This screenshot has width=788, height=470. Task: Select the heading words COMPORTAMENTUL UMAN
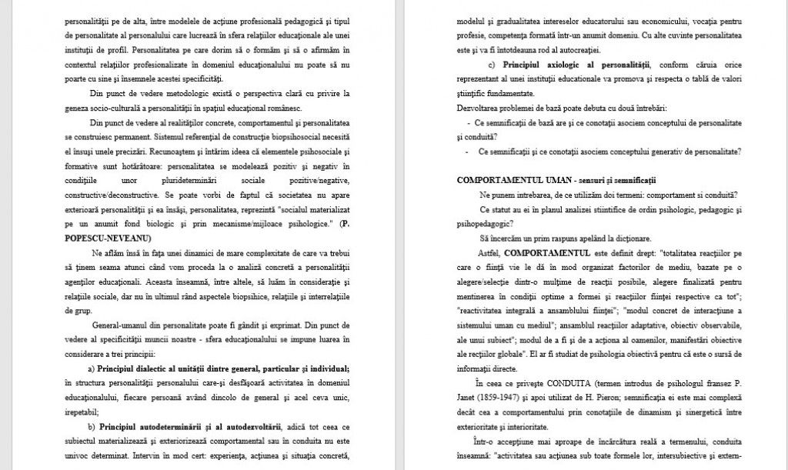coord(508,179)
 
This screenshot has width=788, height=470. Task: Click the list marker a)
coord(92,369)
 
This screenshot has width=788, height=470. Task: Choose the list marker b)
coord(92,427)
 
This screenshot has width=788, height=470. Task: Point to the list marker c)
coord(492,63)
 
